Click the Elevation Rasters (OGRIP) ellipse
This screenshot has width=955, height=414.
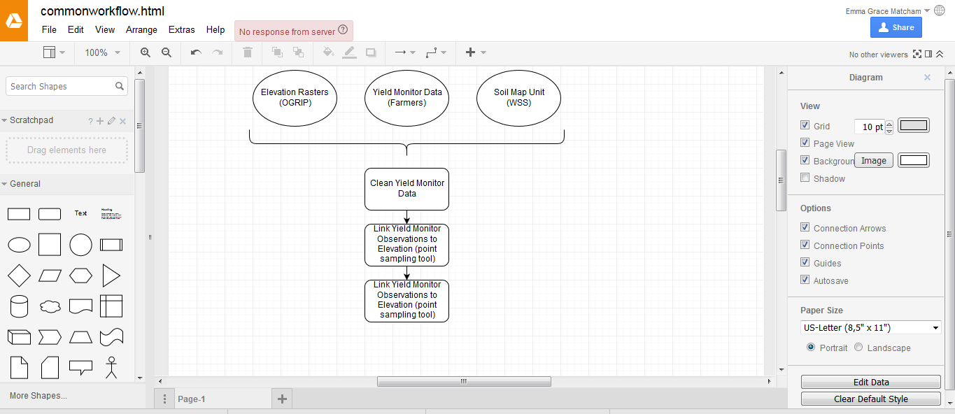point(295,98)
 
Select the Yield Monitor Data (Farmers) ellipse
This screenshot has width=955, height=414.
point(406,98)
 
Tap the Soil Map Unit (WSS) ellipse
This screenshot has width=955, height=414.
point(518,98)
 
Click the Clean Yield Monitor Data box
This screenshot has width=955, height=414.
point(406,189)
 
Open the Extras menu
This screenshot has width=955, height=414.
point(182,30)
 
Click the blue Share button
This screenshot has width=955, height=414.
point(896,27)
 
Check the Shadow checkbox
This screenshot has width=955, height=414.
point(805,178)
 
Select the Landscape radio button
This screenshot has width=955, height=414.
point(858,347)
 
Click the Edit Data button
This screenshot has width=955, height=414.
point(870,382)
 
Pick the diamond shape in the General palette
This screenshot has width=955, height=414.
point(19,276)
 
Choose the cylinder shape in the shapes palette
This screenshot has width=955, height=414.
point(19,306)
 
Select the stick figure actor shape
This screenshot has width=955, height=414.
point(111,368)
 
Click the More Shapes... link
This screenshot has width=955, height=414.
point(38,396)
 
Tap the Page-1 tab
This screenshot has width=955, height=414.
point(192,399)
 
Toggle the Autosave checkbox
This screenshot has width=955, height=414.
point(805,280)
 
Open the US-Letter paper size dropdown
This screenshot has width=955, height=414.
point(870,327)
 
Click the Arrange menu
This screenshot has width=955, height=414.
point(141,30)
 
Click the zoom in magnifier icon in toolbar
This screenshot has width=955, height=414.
point(146,52)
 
